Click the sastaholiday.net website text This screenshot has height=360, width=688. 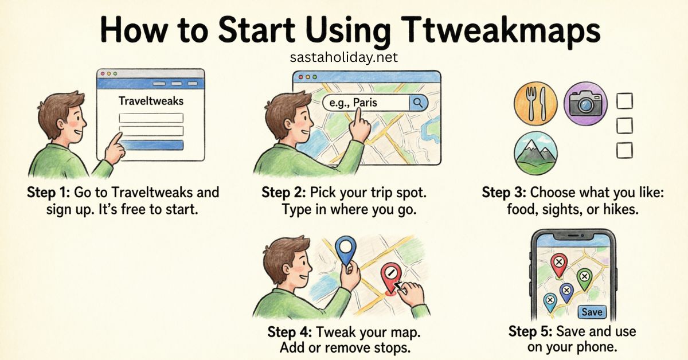point(344,58)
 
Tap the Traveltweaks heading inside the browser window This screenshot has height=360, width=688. point(151,101)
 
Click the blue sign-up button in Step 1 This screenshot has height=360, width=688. point(151,144)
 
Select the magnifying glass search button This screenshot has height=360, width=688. point(418,103)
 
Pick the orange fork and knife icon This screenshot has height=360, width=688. point(534,103)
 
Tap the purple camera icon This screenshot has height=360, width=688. point(585,103)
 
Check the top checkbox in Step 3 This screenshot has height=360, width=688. point(624,102)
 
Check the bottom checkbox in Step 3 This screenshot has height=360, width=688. point(624,150)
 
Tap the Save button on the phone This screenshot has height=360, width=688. point(591,312)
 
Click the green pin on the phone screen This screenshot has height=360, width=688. point(584,277)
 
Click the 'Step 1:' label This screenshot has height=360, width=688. point(48,193)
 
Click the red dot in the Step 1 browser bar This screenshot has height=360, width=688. point(101,74)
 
